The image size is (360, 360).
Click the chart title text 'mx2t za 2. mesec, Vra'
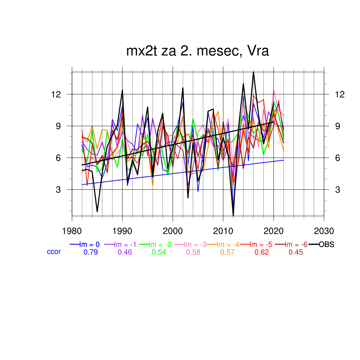click(198, 51)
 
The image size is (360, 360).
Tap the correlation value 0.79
click(90, 252)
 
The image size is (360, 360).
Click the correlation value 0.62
click(262, 252)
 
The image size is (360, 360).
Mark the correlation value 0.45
click(296, 252)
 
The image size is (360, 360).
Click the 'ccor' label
click(54, 252)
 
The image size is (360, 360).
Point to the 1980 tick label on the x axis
click(72, 231)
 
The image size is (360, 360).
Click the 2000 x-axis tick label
click(173, 231)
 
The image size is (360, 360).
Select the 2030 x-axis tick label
click(323, 231)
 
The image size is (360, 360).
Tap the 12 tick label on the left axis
click(56, 95)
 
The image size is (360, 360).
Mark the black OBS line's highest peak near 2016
click(253, 72)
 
